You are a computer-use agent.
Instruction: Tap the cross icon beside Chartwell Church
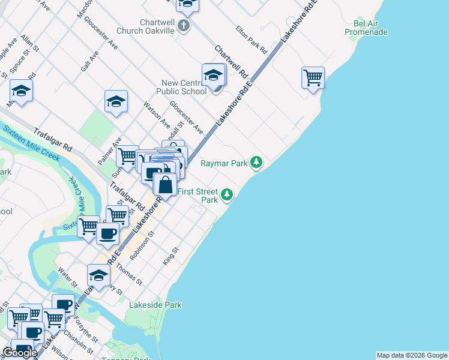(184, 26)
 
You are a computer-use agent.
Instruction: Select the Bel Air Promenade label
(366, 28)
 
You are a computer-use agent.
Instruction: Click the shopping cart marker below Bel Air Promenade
(313, 77)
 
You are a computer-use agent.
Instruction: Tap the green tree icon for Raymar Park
(256, 162)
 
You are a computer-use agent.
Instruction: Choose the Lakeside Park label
(155, 305)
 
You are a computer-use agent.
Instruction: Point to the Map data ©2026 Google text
(411, 355)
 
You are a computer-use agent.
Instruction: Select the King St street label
(171, 256)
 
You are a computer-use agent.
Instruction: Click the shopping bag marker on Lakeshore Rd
(165, 184)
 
